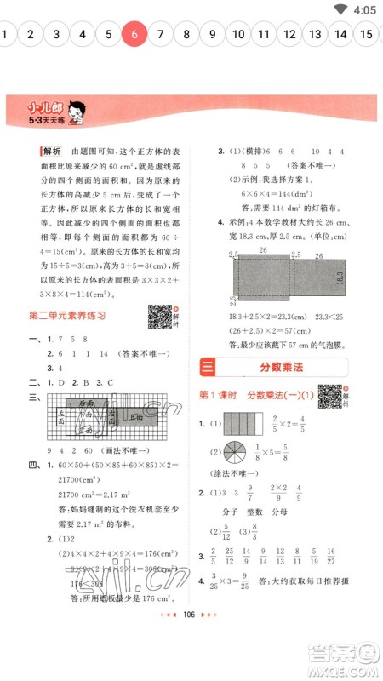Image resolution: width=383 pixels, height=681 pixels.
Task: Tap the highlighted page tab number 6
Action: point(134,35)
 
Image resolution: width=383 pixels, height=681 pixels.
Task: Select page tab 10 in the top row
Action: point(238,35)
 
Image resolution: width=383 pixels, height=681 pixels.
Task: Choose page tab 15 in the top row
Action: point(366,35)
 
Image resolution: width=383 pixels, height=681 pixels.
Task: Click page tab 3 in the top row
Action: point(56,35)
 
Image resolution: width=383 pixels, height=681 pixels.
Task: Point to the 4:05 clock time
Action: point(363,9)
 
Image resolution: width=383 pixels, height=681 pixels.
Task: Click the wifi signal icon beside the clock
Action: point(341,9)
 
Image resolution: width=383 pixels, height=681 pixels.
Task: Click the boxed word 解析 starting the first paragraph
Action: point(52,151)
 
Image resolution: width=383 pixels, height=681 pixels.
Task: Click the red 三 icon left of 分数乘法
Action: point(207,367)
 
